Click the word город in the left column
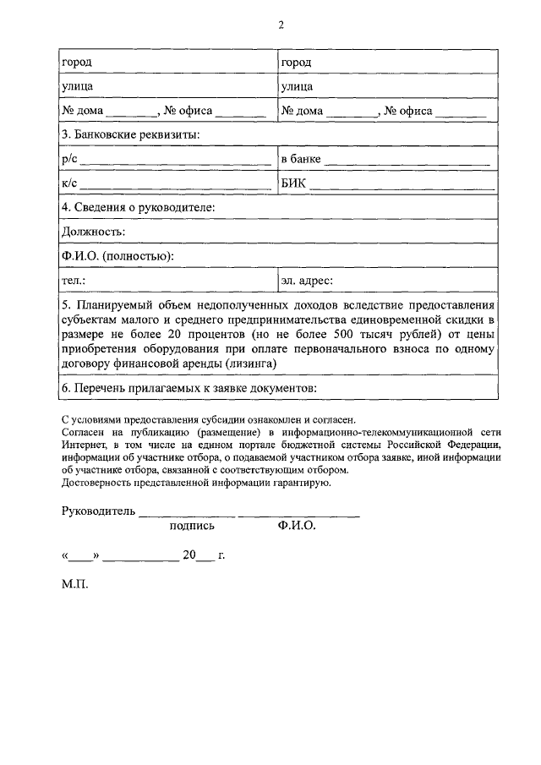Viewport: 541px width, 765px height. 77,63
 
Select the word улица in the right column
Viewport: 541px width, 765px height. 297,86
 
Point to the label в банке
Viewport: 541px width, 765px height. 300,159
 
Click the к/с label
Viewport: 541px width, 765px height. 69,183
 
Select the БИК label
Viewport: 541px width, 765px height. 295,183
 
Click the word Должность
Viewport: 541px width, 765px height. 93,232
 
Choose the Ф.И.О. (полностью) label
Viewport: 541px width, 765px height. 117,256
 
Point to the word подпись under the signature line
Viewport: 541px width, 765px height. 192,526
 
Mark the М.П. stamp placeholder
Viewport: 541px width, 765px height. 74,584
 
